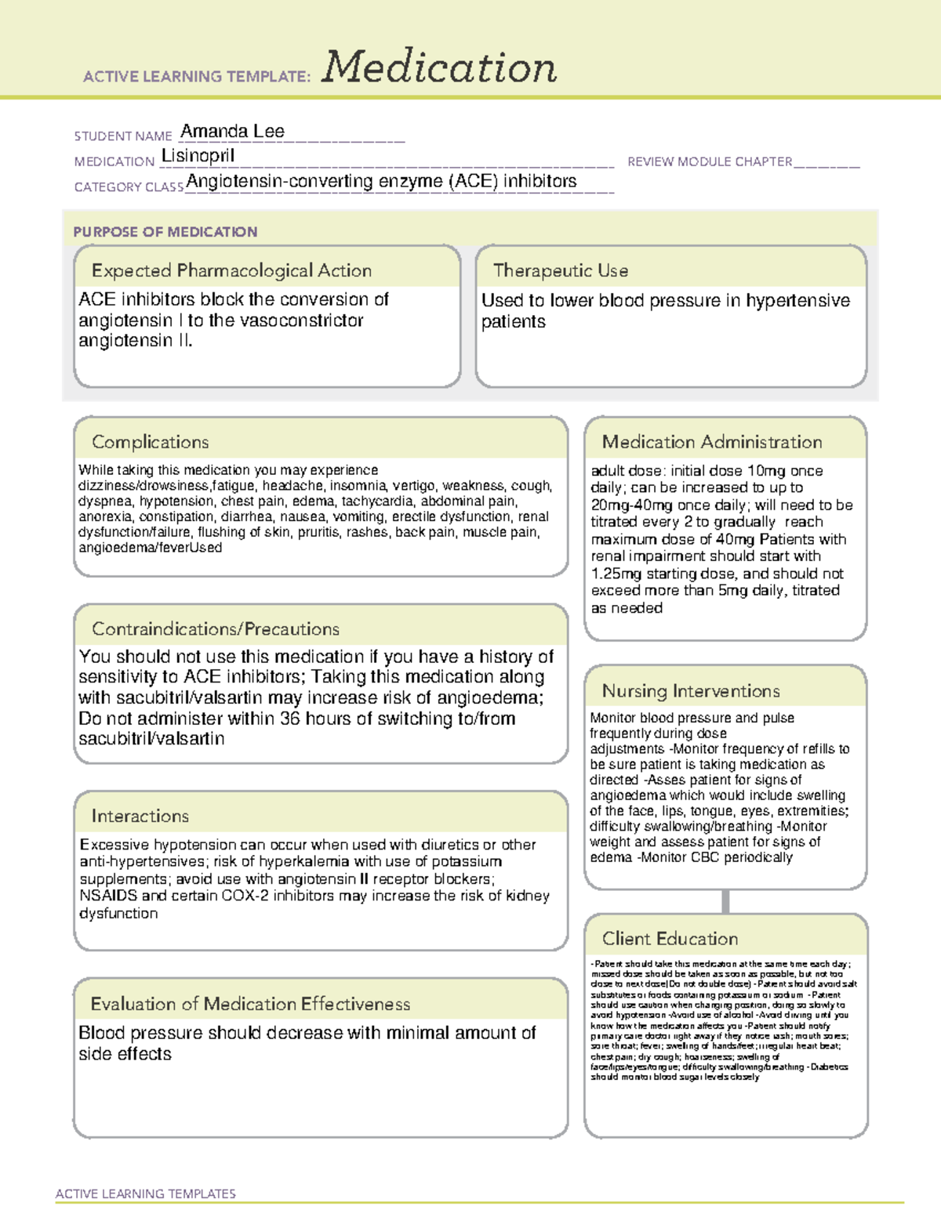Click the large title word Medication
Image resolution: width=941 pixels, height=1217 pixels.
pyautogui.click(x=439, y=67)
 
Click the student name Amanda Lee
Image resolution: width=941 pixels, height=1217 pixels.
pyautogui.click(x=232, y=132)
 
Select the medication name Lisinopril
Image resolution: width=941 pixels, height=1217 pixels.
pyautogui.click(x=198, y=156)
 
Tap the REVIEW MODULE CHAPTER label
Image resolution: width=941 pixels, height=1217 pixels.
pyautogui.click(x=710, y=161)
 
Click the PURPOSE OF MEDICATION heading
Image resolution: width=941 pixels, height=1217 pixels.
pyautogui.click(x=165, y=232)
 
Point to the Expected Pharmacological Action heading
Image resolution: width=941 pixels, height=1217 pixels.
pyautogui.click(x=231, y=271)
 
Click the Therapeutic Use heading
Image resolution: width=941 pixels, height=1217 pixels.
pyautogui.click(x=560, y=271)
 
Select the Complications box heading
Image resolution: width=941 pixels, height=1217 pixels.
pyautogui.click(x=150, y=442)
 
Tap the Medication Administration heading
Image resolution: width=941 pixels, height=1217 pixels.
pyautogui.click(x=711, y=442)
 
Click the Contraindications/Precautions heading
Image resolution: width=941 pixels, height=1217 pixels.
pyautogui.click(x=215, y=629)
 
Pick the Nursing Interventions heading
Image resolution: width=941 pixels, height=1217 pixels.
pyautogui.click(x=690, y=691)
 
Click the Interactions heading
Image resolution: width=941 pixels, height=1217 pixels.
pyautogui.click(x=140, y=817)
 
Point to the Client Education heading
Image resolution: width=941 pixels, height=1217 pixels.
pyautogui.click(x=670, y=939)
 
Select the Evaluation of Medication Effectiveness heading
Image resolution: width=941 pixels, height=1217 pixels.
pyautogui.click(x=250, y=1004)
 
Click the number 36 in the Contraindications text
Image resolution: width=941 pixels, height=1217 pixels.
pyautogui.click(x=289, y=719)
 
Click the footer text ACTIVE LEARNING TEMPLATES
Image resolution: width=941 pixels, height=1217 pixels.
pyautogui.click(x=145, y=1193)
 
